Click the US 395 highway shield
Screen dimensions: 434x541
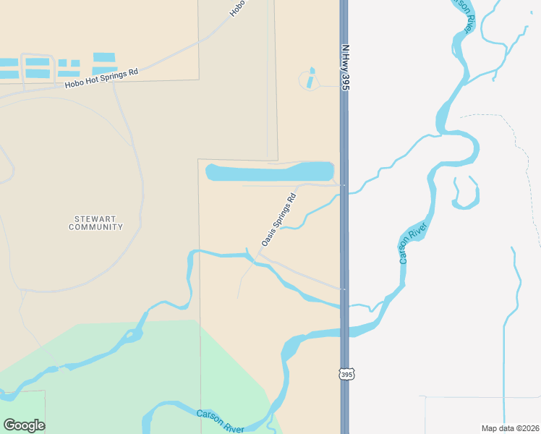[x=346, y=373]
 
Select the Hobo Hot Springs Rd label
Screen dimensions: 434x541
[x=101, y=78]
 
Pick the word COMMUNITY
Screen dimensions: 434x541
[x=95, y=227]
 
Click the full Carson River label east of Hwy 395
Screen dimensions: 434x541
[x=414, y=243]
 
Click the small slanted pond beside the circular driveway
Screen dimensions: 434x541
[x=311, y=78]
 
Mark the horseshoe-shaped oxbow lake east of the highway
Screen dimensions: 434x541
[x=465, y=194]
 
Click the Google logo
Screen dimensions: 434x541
[x=24, y=425]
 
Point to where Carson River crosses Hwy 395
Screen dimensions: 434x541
[x=344, y=332]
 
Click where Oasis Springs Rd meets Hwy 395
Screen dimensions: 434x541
[x=344, y=185]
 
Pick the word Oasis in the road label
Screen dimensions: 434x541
[x=268, y=237]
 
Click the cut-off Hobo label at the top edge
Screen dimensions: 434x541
[x=237, y=8]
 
